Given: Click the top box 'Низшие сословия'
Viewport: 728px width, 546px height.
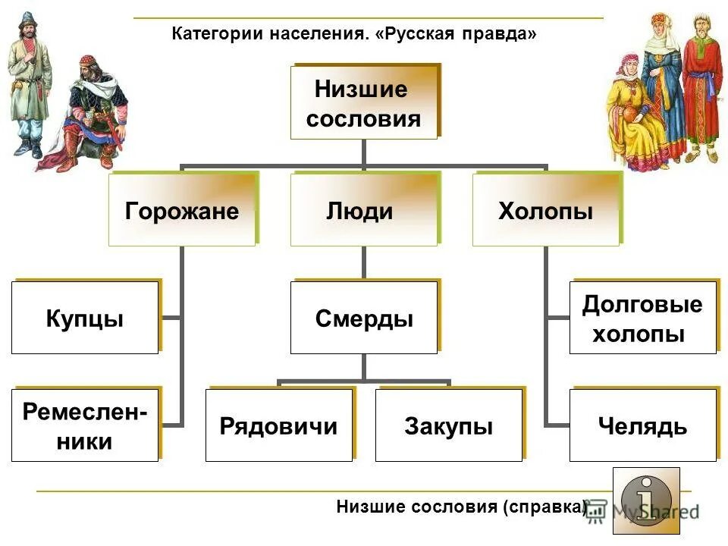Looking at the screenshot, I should [364, 102].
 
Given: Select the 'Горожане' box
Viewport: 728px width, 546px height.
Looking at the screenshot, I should [181, 210].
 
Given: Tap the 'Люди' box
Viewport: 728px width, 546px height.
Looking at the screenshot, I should [363, 210].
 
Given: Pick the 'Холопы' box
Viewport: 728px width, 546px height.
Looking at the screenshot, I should [545, 210].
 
